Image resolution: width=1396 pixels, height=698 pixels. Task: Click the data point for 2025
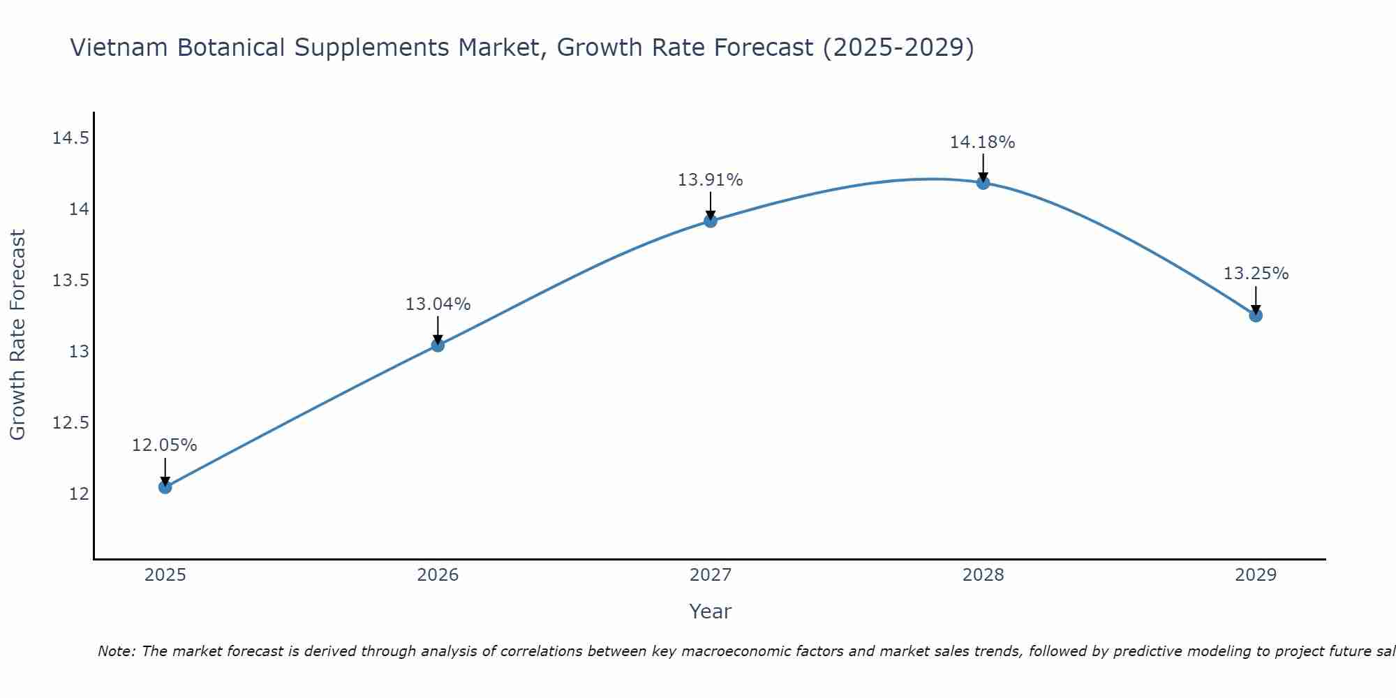165,487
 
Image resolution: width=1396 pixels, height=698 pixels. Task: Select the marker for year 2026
438,345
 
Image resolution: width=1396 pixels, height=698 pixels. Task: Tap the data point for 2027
711,221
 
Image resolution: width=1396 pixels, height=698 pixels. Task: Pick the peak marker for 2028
983,183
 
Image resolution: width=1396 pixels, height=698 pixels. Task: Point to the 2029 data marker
1256,315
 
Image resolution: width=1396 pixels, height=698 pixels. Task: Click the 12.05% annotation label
165,445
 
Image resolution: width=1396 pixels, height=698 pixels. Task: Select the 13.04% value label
438,304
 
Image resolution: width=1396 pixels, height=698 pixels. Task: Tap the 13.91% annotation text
711,180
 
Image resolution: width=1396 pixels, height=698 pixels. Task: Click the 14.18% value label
982,142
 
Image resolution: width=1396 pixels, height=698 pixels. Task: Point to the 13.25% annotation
1256,274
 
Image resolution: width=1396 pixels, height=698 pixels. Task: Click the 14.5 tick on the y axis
70,138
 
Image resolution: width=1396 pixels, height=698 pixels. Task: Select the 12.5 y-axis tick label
70,423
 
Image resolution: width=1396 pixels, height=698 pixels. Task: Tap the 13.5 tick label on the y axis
70,281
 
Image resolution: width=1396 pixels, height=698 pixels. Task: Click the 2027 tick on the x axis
711,575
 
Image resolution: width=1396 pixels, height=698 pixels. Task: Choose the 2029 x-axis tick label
1256,575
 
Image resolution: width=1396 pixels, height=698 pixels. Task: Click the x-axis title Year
710,611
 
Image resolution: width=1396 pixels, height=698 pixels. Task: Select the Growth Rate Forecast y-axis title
17,335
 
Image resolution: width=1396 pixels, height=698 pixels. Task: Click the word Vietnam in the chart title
118,48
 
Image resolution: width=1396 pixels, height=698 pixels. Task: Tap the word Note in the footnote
116,651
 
